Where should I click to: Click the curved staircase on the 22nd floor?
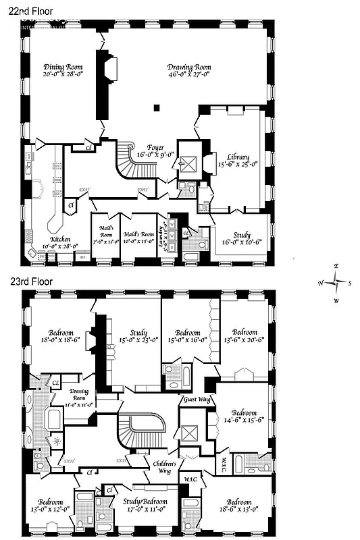pyautogui.click(x=127, y=162)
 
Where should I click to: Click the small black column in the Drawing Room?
pyautogui.click(x=157, y=107)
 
